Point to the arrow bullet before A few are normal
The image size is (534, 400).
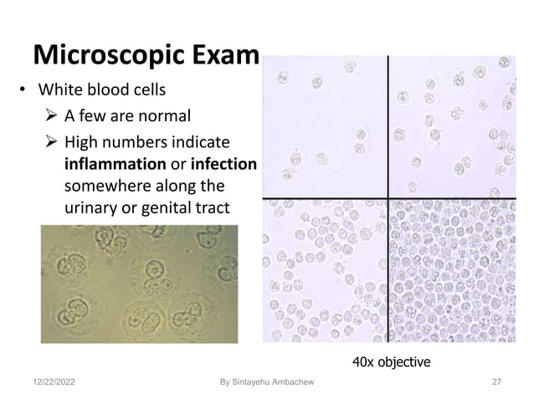(x=51, y=115)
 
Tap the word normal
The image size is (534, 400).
(x=164, y=115)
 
